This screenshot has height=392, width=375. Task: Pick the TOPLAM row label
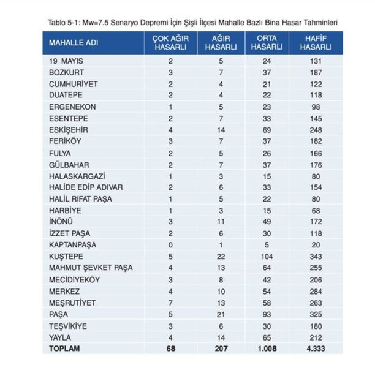click(65, 349)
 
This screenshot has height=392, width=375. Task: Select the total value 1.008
click(267, 349)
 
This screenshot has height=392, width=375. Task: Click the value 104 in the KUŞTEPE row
click(267, 256)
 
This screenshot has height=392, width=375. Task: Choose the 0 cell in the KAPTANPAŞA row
click(170, 244)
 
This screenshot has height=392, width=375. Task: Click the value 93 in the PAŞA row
click(267, 314)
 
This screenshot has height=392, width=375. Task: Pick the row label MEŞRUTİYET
click(72, 302)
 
